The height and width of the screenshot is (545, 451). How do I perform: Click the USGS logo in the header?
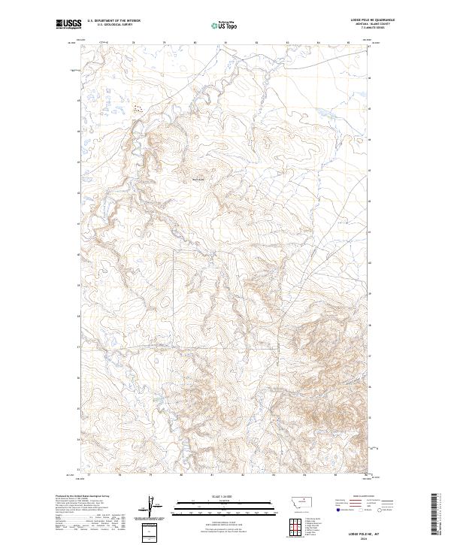(x=68, y=25)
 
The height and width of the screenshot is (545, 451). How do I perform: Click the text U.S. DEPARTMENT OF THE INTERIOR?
(x=114, y=20)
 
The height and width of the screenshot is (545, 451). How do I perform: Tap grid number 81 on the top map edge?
(x=226, y=43)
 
